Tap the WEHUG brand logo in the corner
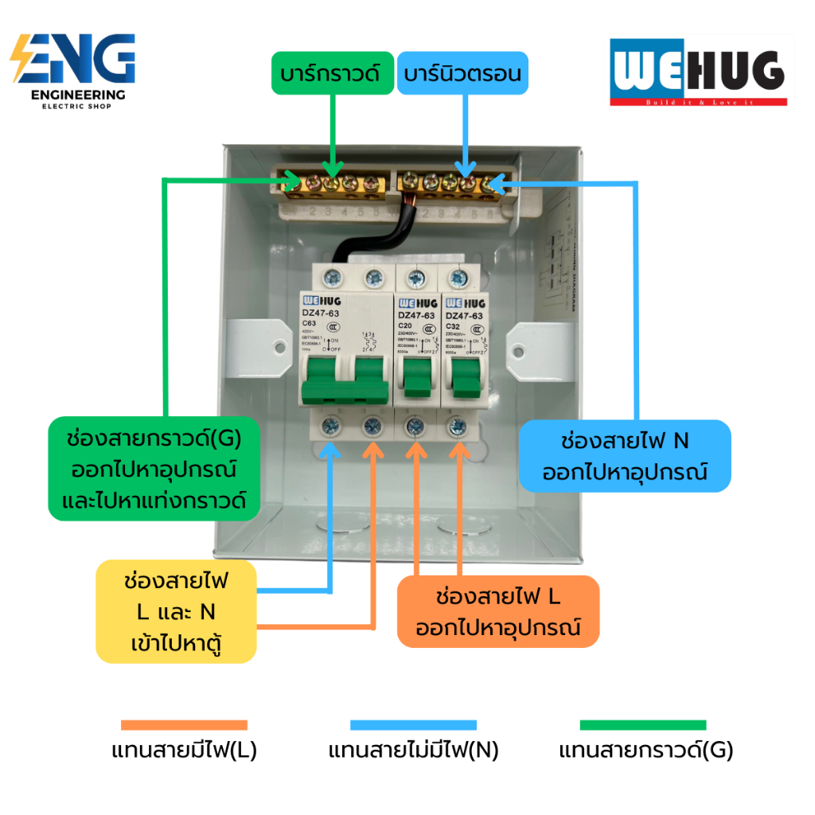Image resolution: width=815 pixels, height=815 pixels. pyautogui.click(x=698, y=73)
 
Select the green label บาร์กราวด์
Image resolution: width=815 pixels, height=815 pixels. pyautogui.click(x=333, y=73)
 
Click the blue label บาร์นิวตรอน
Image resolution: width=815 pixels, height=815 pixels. pyautogui.click(x=462, y=74)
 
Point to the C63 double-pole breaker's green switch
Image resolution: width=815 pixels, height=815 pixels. pyautogui.click(x=344, y=378)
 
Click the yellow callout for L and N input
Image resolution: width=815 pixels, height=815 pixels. pyautogui.click(x=176, y=611)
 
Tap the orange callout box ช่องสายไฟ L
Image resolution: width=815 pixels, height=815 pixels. pyautogui.click(x=497, y=610)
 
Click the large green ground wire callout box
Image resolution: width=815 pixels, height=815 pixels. pyautogui.click(x=154, y=468)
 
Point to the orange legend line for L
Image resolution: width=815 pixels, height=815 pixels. pyautogui.click(x=184, y=725)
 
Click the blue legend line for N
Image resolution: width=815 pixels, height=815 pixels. pyautogui.click(x=413, y=725)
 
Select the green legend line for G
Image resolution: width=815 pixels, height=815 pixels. pyautogui.click(x=643, y=725)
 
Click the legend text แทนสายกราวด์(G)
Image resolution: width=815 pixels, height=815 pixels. pyautogui.click(x=645, y=751)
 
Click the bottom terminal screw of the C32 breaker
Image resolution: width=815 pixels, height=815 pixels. pyautogui.click(x=457, y=425)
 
